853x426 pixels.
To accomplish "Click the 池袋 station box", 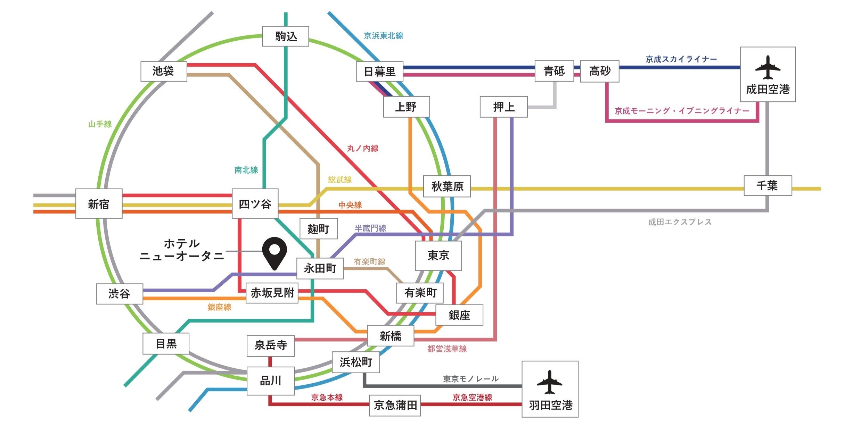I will click(164, 71).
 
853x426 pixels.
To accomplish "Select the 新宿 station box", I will click(99, 204).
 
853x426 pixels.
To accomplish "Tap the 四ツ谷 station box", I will click(255, 203).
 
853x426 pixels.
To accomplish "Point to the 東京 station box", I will click(438, 256).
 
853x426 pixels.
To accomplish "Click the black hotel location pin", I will click(274, 252).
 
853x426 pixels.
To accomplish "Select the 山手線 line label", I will click(100, 124).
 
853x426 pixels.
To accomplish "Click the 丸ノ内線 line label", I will click(363, 148).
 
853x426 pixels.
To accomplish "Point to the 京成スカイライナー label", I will click(681, 59).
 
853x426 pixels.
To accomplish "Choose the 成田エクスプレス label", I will click(680, 222).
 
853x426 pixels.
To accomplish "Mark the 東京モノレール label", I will click(471, 379).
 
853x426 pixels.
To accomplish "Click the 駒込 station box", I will click(286, 36).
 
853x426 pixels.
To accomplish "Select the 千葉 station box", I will click(768, 185).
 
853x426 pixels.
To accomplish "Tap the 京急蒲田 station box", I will click(395, 405).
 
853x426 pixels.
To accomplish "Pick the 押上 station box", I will click(503, 107).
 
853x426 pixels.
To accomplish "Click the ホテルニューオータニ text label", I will click(182, 250).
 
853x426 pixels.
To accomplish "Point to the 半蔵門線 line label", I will click(370, 228).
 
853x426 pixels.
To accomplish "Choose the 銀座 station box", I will click(459, 315).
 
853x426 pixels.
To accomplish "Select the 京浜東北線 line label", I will click(383, 36).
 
